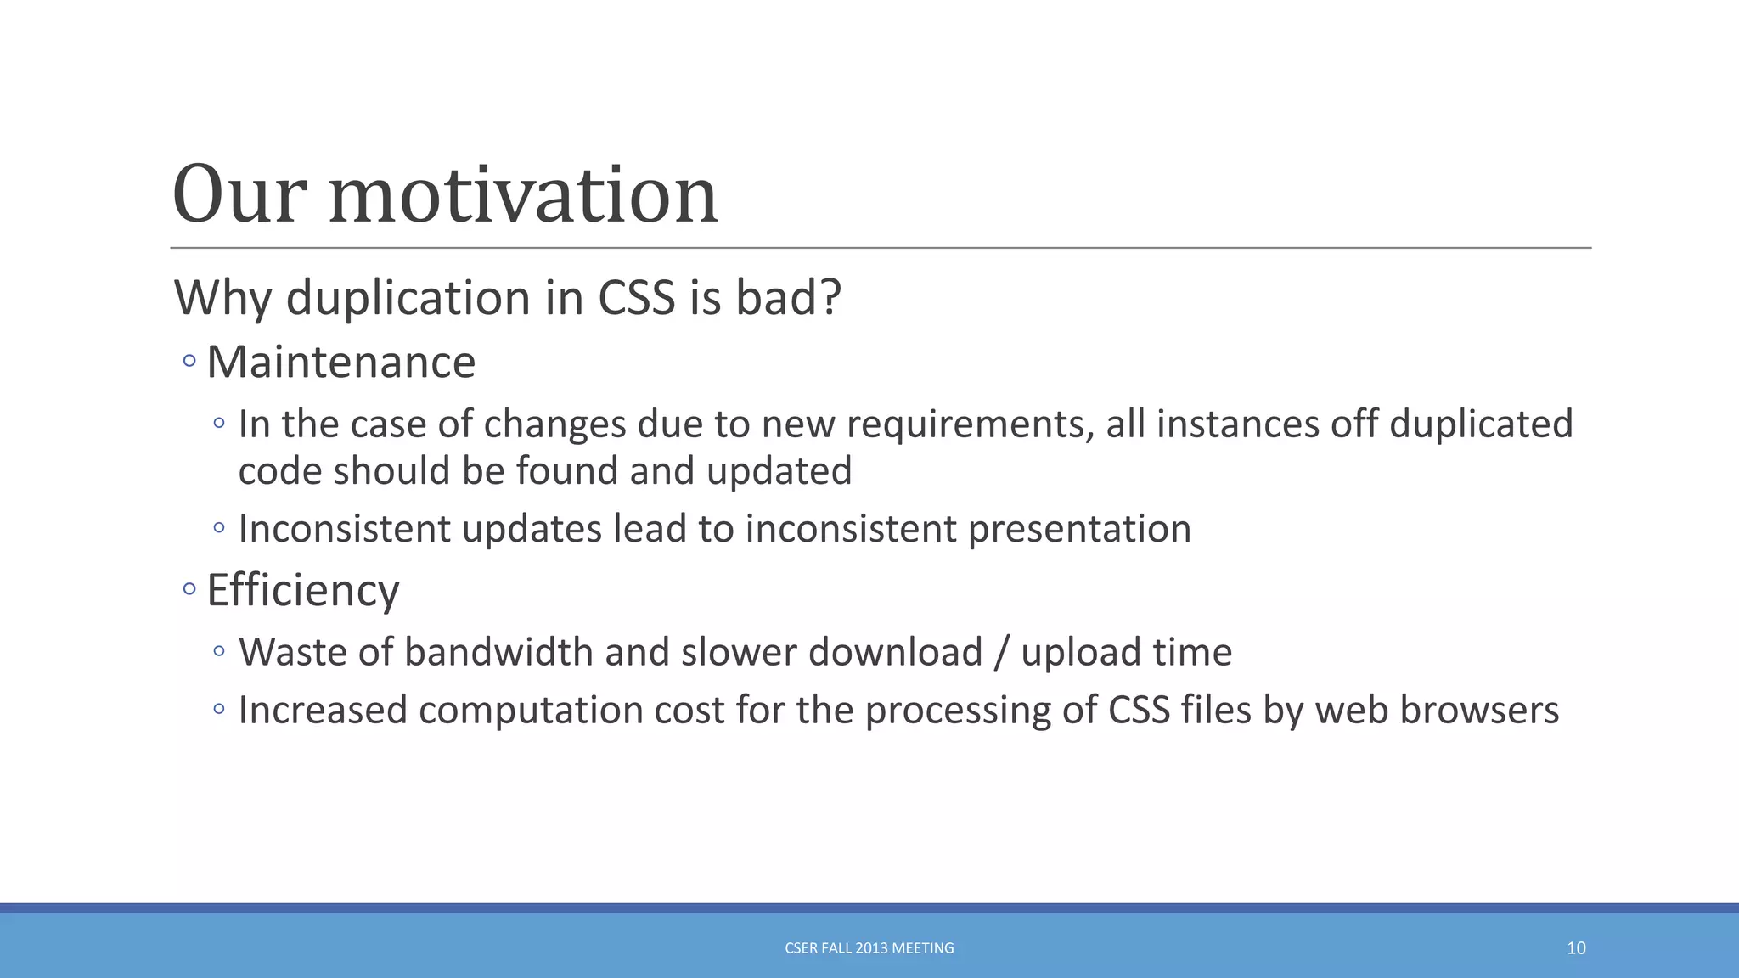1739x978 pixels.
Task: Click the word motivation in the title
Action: (523, 196)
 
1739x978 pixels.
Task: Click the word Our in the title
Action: (239, 196)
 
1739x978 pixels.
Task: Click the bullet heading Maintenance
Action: (340, 363)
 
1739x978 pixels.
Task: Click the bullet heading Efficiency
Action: (302, 590)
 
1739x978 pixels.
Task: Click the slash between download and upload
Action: (1002, 653)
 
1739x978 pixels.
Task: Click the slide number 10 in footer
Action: (1576, 948)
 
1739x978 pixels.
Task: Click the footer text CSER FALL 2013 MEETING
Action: (869, 948)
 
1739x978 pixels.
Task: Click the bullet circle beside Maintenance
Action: (189, 362)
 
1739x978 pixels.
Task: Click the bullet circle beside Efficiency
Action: (189, 588)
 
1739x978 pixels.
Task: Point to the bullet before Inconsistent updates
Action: (219, 528)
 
